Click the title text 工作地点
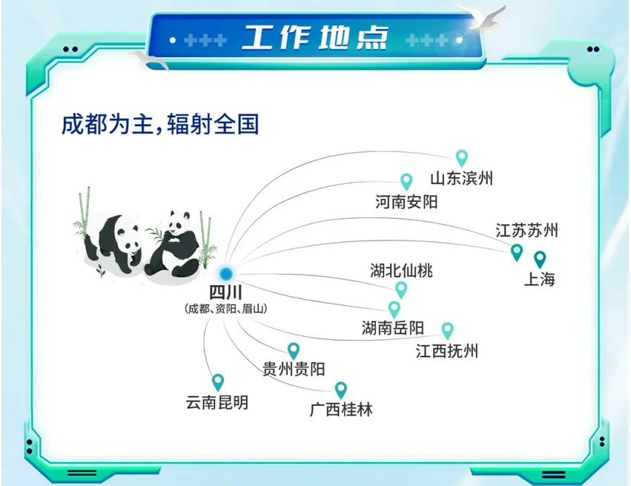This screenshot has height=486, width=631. tap(314, 37)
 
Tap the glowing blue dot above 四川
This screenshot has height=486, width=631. tap(225, 274)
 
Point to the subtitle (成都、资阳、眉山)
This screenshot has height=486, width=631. tap(225, 308)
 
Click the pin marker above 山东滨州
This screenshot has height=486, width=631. tap(462, 157)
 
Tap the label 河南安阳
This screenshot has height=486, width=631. tap(406, 201)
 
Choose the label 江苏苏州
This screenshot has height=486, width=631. tap(526, 230)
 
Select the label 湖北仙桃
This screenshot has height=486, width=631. tap(401, 271)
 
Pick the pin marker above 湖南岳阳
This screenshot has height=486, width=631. tap(394, 308)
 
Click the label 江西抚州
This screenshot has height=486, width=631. tap(447, 350)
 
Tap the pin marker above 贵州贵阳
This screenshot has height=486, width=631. tap(294, 350)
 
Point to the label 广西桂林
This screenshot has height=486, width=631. tap(341, 409)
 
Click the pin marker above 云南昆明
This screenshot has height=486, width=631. tap(217, 381)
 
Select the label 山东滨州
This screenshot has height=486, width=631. tap(461, 178)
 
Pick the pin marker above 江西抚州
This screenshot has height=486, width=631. tap(447, 329)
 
